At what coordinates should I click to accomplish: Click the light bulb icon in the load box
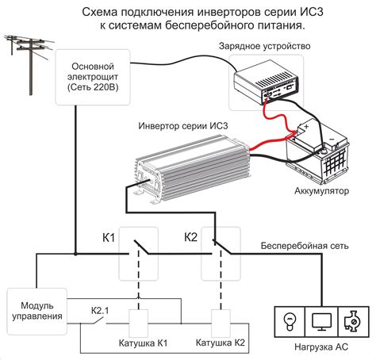coord(290,321)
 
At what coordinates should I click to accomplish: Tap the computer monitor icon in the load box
coord(321,322)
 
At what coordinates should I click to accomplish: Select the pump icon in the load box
coord(352,321)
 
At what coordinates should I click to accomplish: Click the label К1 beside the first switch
coord(109,238)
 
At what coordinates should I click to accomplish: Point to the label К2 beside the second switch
coord(190,237)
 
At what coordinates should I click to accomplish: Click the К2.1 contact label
coord(100,311)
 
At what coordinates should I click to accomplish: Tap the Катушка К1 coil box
coord(138,324)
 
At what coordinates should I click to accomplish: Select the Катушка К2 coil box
coord(221,324)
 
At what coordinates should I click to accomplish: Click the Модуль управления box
coord(37,312)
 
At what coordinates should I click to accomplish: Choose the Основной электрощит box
coord(93,77)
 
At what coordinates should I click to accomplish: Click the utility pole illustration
coord(29,64)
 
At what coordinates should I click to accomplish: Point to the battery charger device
coord(266,82)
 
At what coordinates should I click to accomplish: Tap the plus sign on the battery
coord(306,127)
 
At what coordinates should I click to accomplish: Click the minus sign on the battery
coord(332,139)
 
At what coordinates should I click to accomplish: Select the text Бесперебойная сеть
coord(305,246)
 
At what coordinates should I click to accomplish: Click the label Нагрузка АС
coord(321,347)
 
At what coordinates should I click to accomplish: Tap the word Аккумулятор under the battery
coord(321,190)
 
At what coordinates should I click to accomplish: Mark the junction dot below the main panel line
coord(75,254)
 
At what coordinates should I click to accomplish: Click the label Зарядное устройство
coord(265,46)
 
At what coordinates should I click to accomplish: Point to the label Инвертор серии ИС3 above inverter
coord(183,126)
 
